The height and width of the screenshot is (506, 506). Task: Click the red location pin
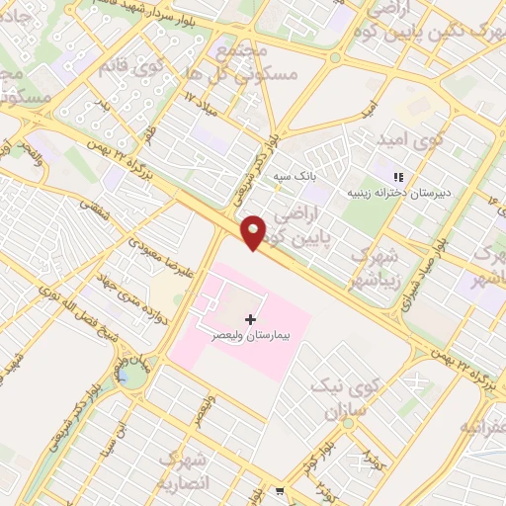[254, 231]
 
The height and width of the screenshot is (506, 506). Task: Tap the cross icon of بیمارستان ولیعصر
[249, 319]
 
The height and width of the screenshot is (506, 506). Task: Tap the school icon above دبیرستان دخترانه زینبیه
[399, 176]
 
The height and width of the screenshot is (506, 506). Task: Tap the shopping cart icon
[282, 491]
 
